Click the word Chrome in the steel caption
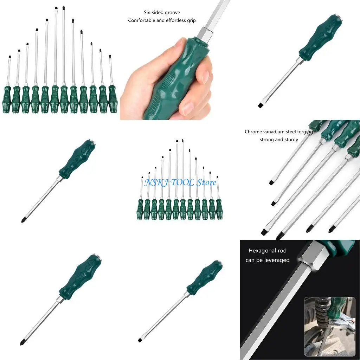(253, 132)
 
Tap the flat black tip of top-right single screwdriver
(261, 105)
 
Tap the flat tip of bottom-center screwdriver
(140, 340)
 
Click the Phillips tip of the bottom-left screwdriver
(22, 342)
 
